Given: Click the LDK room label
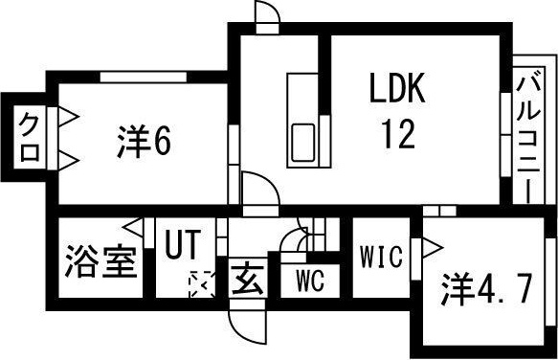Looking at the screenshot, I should tap(399, 93).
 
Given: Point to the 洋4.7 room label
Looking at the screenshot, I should tap(484, 289).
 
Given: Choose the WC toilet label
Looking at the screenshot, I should tap(308, 281).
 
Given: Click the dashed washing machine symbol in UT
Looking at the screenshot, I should tap(202, 284).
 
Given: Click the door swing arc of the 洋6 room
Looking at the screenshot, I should tap(256, 189).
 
